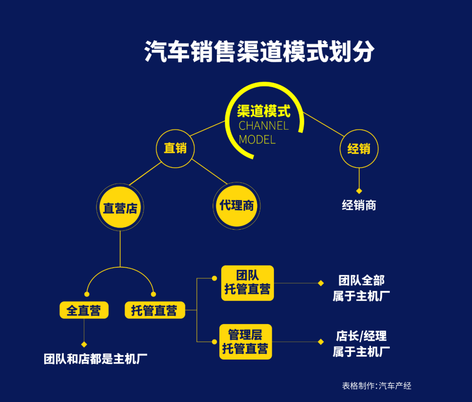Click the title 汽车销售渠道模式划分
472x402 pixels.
(260, 52)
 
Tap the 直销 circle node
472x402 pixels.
(175, 149)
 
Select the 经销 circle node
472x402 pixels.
(359, 149)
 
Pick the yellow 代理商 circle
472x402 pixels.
(236, 205)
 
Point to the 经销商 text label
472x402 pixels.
(359, 205)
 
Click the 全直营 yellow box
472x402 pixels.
(83, 311)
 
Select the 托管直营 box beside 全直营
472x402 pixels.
(154, 311)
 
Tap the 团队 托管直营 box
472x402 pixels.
(247, 283)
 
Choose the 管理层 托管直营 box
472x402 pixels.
(245, 342)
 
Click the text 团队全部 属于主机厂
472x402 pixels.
(361, 288)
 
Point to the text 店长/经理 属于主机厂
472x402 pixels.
(361, 344)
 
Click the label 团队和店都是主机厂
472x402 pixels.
(95, 359)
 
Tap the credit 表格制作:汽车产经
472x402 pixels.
(376, 385)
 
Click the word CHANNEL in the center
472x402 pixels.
(264, 126)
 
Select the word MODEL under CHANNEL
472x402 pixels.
(257, 140)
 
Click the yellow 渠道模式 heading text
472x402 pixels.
(264, 111)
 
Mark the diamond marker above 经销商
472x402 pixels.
(359, 191)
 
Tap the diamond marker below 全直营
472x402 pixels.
(84, 344)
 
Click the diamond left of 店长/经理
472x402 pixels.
(321, 342)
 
